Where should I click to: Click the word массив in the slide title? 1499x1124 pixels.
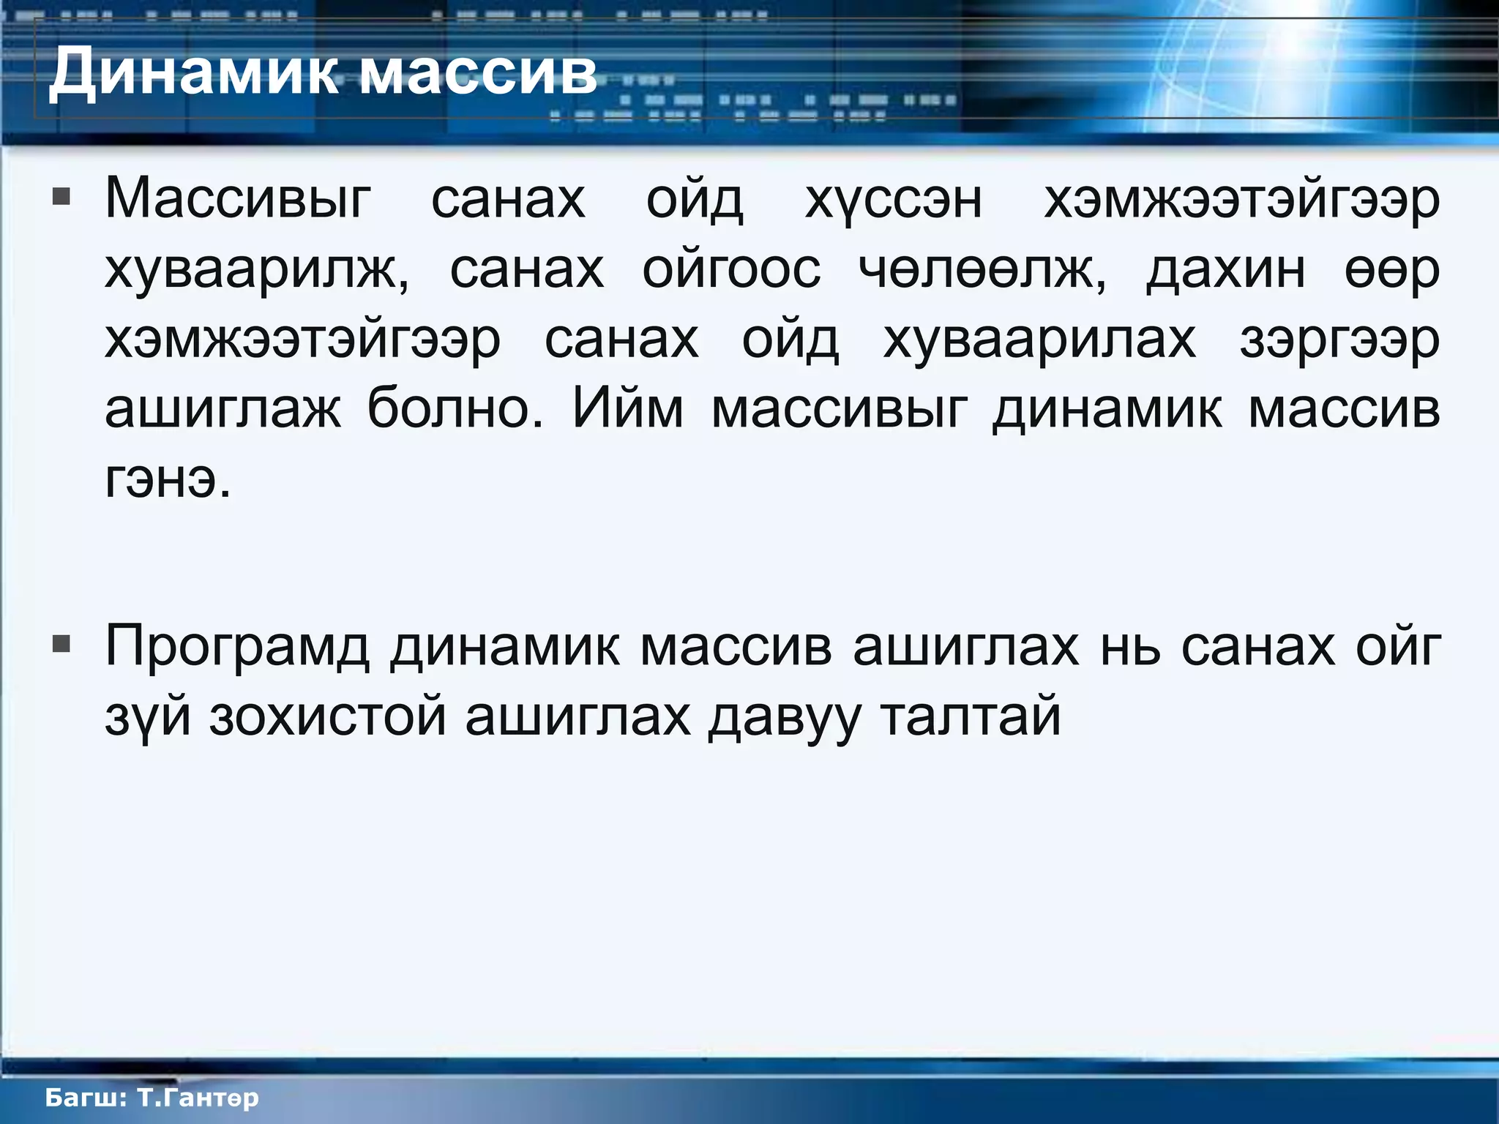(479, 73)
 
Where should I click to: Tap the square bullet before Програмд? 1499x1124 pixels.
(62, 645)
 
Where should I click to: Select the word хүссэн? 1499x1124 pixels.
(893, 200)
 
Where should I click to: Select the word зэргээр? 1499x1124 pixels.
(1339, 341)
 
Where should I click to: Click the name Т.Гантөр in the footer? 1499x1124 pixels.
(198, 1098)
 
